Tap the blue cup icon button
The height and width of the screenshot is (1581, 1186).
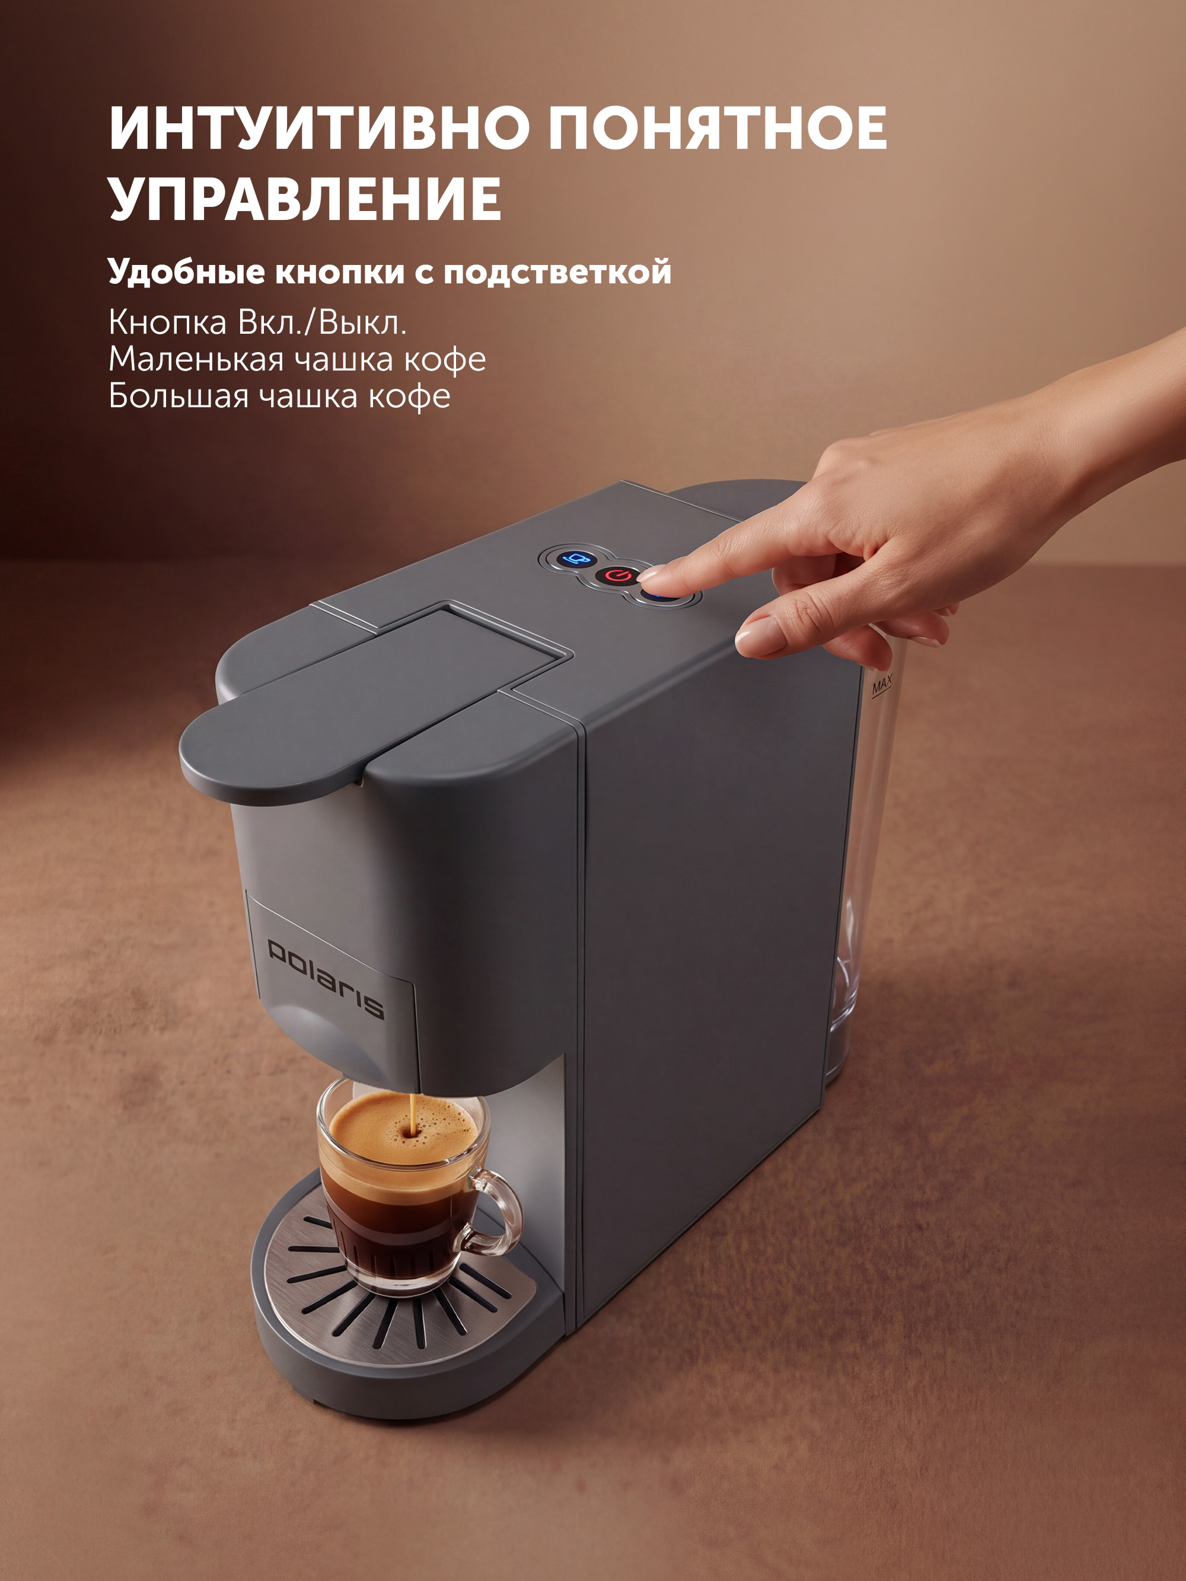575,558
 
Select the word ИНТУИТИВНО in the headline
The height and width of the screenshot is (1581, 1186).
318,128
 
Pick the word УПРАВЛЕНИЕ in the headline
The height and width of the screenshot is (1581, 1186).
305,198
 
